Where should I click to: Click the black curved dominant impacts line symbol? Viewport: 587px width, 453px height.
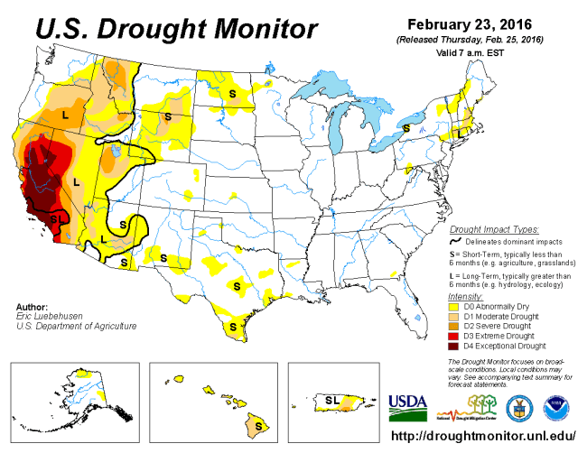456,242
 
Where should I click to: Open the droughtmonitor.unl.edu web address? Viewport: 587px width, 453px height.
483,436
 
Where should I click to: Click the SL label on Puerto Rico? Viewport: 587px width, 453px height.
331,398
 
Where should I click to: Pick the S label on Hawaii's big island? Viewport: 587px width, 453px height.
258,420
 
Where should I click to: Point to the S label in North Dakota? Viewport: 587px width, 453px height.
232,92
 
